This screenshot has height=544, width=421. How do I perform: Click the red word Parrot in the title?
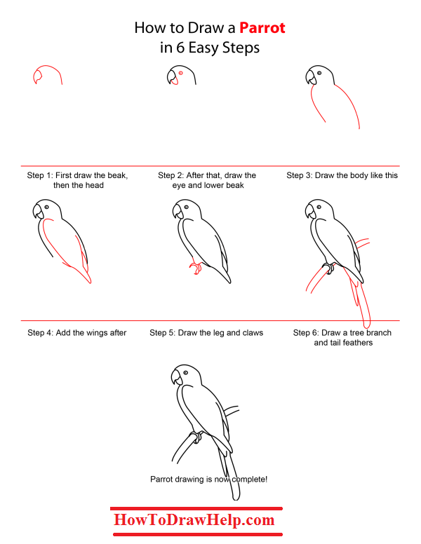(262, 29)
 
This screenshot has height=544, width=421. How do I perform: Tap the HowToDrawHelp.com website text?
(194, 520)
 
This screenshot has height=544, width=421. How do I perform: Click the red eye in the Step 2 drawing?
(181, 74)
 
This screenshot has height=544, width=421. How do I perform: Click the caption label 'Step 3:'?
(300, 175)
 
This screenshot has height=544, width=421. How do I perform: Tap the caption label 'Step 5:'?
(163, 333)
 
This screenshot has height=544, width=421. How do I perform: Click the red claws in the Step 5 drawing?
(196, 267)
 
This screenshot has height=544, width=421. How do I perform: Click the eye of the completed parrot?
(185, 372)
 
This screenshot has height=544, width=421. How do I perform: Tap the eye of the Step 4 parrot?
(47, 208)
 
